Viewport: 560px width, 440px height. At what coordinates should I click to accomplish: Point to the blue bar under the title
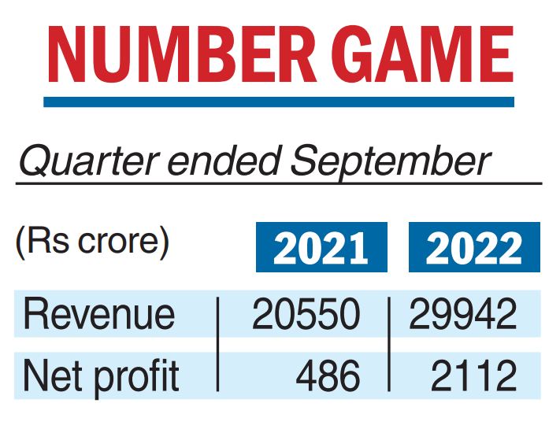(x=279, y=102)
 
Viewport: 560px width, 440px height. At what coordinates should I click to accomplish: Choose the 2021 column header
(x=321, y=248)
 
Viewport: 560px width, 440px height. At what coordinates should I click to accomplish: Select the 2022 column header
(x=473, y=248)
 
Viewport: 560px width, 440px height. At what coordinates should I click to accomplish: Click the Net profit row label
(x=102, y=376)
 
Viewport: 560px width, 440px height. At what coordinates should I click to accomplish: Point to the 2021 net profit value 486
(x=328, y=376)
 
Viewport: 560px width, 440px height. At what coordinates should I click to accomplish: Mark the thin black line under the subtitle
(x=279, y=183)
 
